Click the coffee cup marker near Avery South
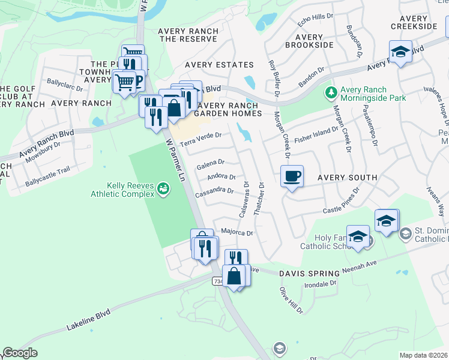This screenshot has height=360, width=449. (292, 176)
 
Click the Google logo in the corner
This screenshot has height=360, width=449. (20, 353)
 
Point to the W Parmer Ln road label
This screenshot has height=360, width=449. (174, 162)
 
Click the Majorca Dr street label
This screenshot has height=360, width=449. (237, 232)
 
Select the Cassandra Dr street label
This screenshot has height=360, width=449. (214, 191)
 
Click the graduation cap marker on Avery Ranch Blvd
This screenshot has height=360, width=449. (400, 52)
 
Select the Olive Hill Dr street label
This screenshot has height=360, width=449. (291, 300)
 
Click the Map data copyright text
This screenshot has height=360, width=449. (424, 355)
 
